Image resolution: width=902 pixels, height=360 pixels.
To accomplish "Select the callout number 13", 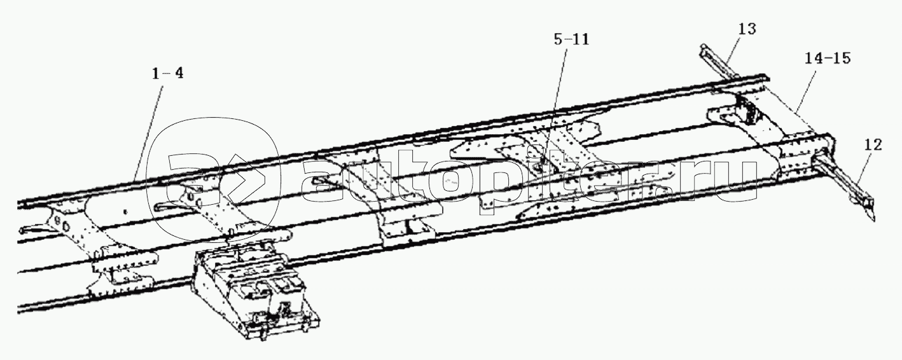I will point(747,29).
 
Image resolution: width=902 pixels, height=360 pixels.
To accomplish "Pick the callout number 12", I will point(873,145).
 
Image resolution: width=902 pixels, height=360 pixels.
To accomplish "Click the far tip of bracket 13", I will point(704,48).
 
